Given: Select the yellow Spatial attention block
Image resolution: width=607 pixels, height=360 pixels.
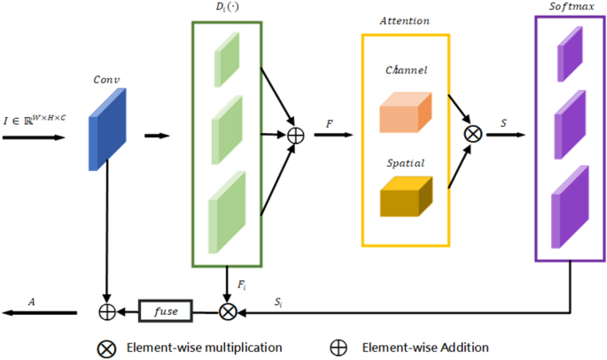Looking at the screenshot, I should tap(405, 198).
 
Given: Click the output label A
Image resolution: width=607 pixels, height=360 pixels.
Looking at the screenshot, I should tap(32, 301).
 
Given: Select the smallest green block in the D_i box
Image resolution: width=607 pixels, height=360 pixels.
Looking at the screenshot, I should tap(227, 59).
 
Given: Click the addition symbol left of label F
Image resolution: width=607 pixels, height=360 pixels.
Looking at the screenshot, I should tap(296, 136).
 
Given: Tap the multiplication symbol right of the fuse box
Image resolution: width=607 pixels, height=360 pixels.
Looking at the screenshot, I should tap(228, 311).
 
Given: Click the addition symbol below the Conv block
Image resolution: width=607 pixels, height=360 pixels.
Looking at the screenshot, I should tap(106, 311).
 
